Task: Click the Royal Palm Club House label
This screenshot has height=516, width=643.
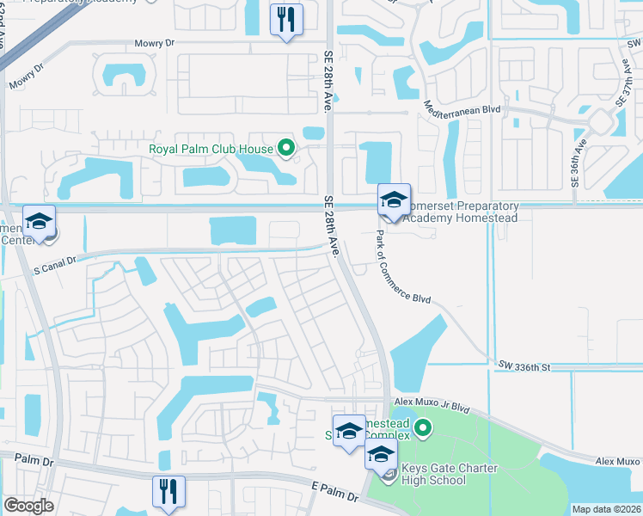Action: click(x=211, y=149)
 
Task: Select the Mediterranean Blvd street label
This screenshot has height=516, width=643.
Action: click(x=462, y=110)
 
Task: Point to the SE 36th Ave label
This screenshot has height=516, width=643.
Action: click(x=577, y=161)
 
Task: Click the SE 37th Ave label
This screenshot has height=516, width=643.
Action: click(x=623, y=83)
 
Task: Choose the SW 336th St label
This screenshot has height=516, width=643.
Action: click(x=523, y=367)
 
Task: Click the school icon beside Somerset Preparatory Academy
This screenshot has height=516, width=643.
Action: click(x=394, y=200)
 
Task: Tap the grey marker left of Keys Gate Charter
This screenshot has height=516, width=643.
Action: click(x=389, y=474)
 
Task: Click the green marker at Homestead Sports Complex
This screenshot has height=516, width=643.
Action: click(x=422, y=427)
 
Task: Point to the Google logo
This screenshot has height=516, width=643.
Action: click(x=28, y=506)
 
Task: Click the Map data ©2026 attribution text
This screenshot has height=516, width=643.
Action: click(x=606, y=509)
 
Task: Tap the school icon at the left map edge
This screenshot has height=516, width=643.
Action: click(x=39, y=222)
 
